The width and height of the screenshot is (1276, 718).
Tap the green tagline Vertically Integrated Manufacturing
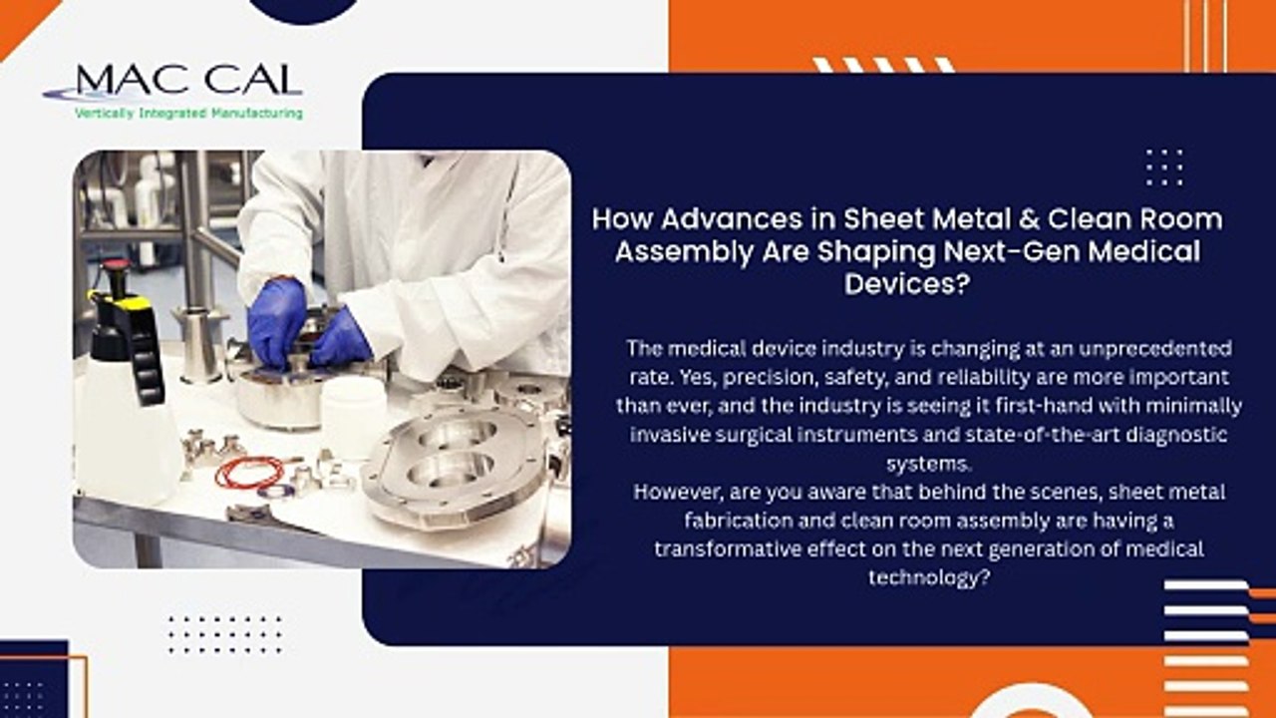(x=188, y=114)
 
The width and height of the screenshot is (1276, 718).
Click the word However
(x=676, y=492)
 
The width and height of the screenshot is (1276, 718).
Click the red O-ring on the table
(x=249, y=473)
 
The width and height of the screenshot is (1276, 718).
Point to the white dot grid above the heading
(x=1163, y=168)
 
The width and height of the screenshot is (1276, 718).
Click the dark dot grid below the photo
(x=225, y=634)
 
